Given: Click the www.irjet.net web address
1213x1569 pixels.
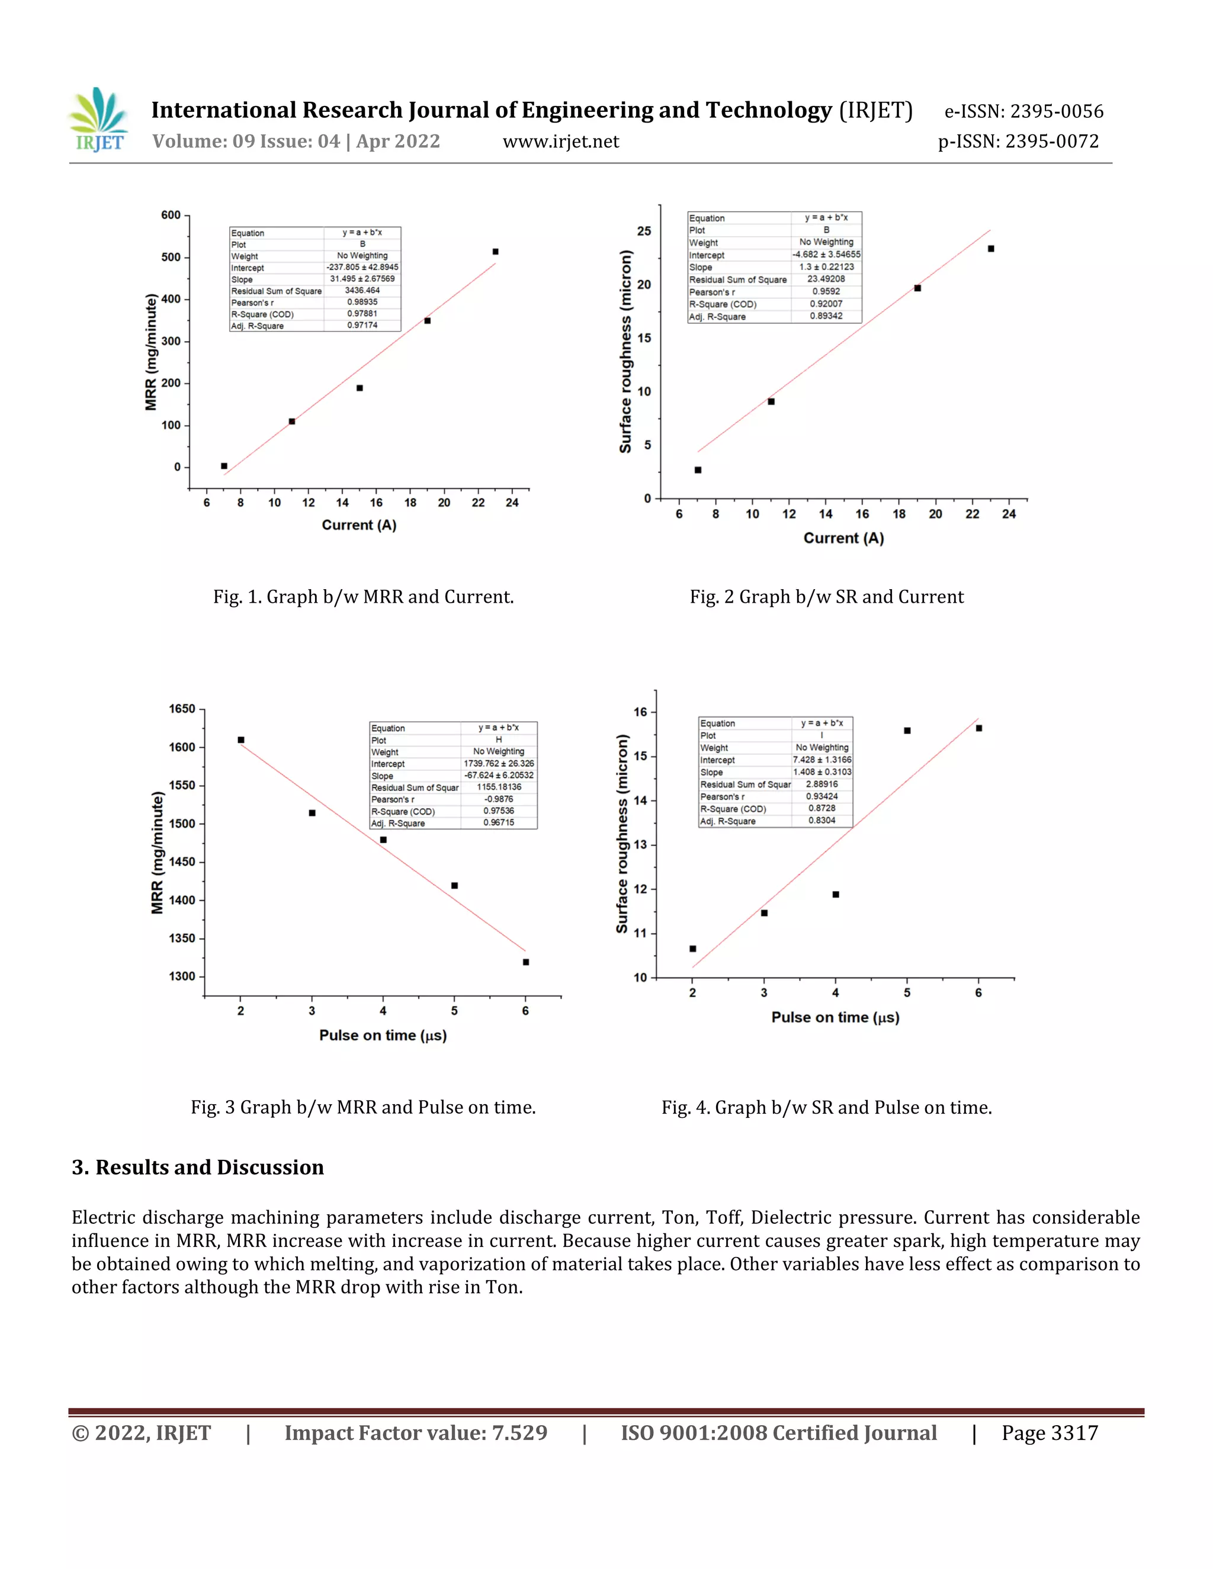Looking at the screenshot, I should click(560, 142).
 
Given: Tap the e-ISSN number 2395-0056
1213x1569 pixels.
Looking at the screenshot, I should click(1057, 111).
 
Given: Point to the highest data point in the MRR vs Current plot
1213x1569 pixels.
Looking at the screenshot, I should click(495, 252).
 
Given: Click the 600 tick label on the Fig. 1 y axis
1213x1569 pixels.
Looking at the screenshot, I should click(171, 215).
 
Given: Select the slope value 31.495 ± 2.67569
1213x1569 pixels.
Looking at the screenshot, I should click(362, 279).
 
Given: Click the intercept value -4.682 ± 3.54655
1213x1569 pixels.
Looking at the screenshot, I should click(826, 255).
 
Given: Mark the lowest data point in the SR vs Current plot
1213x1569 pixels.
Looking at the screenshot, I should click(698, 470).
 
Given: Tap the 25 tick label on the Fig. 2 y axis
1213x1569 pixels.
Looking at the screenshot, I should click(644, 232).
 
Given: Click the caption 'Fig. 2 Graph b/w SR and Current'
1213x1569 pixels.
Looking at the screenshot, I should click(826, 597).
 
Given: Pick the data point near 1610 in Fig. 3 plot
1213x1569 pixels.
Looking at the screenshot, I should click(240, 740).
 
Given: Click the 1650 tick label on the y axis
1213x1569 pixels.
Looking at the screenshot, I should click(182, 709).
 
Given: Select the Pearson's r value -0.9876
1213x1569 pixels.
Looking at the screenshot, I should click(499, 799).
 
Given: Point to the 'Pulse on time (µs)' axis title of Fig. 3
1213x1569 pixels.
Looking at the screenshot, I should click(383, 1035).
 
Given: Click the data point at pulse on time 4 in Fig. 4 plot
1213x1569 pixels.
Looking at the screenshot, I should click(836, 895).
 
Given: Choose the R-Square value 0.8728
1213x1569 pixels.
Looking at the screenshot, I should click(821, 808).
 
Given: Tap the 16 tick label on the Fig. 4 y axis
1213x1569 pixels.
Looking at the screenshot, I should click(640, 712).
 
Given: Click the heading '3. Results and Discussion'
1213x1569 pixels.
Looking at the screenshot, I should click(198, 1168).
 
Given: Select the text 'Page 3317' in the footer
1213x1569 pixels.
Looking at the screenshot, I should click(1050, 1433).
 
